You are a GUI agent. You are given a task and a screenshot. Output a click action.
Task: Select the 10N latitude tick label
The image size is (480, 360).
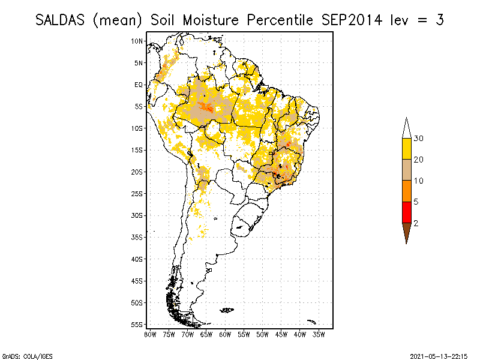tap(137, 41)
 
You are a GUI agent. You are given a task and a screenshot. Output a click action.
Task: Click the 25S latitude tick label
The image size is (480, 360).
tap(137, 193)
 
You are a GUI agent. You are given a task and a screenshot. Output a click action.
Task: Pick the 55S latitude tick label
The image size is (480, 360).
tap(137, 324)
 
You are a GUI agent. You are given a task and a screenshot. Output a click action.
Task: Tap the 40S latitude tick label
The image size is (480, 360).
tap(137, 259)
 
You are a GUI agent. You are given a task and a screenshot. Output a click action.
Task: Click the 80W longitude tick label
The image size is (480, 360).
tap(150, 334)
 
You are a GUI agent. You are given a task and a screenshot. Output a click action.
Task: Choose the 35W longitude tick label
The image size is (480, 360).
tap(319, 334)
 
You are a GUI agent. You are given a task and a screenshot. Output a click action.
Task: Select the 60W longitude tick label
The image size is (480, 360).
tap(225, 334)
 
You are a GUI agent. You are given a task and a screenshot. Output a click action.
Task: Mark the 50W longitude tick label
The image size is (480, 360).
tap(262, 334)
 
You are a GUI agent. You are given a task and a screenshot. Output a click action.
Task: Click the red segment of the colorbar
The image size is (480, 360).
tap(406, 212)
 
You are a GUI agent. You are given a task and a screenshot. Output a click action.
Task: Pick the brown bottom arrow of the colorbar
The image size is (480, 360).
tap(406, 232)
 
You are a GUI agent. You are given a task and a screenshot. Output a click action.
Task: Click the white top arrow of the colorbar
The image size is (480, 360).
tap(406, 129)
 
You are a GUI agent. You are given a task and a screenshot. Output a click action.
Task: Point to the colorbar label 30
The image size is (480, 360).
tap(419, 139)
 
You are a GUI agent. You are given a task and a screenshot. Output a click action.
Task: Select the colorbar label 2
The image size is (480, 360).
tap(416, 223)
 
